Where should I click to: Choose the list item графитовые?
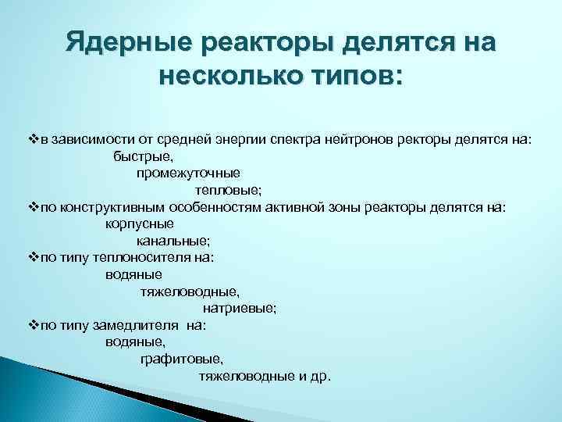click(181, 359)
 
